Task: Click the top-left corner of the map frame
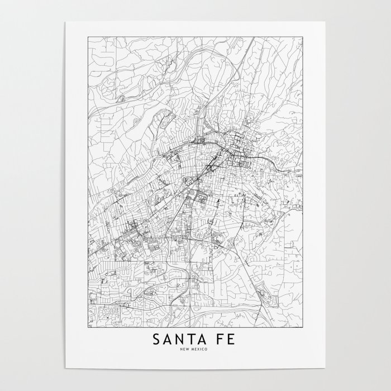click(x=88, y=37)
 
